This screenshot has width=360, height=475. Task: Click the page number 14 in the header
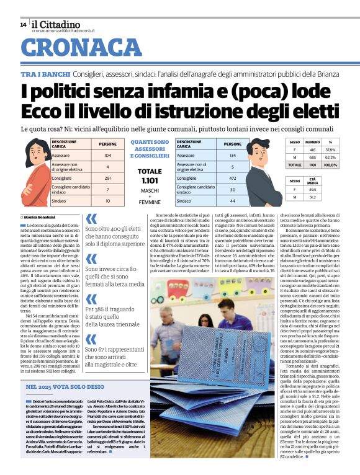23,24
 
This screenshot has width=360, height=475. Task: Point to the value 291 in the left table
107,178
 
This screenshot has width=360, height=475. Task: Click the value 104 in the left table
107,155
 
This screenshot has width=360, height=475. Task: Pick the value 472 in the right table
232,178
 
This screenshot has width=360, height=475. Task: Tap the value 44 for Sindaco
232,201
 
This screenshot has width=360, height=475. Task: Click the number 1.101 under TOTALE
150,180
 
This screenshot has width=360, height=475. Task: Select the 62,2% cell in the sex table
330,158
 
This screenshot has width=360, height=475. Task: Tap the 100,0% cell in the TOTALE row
330,165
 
